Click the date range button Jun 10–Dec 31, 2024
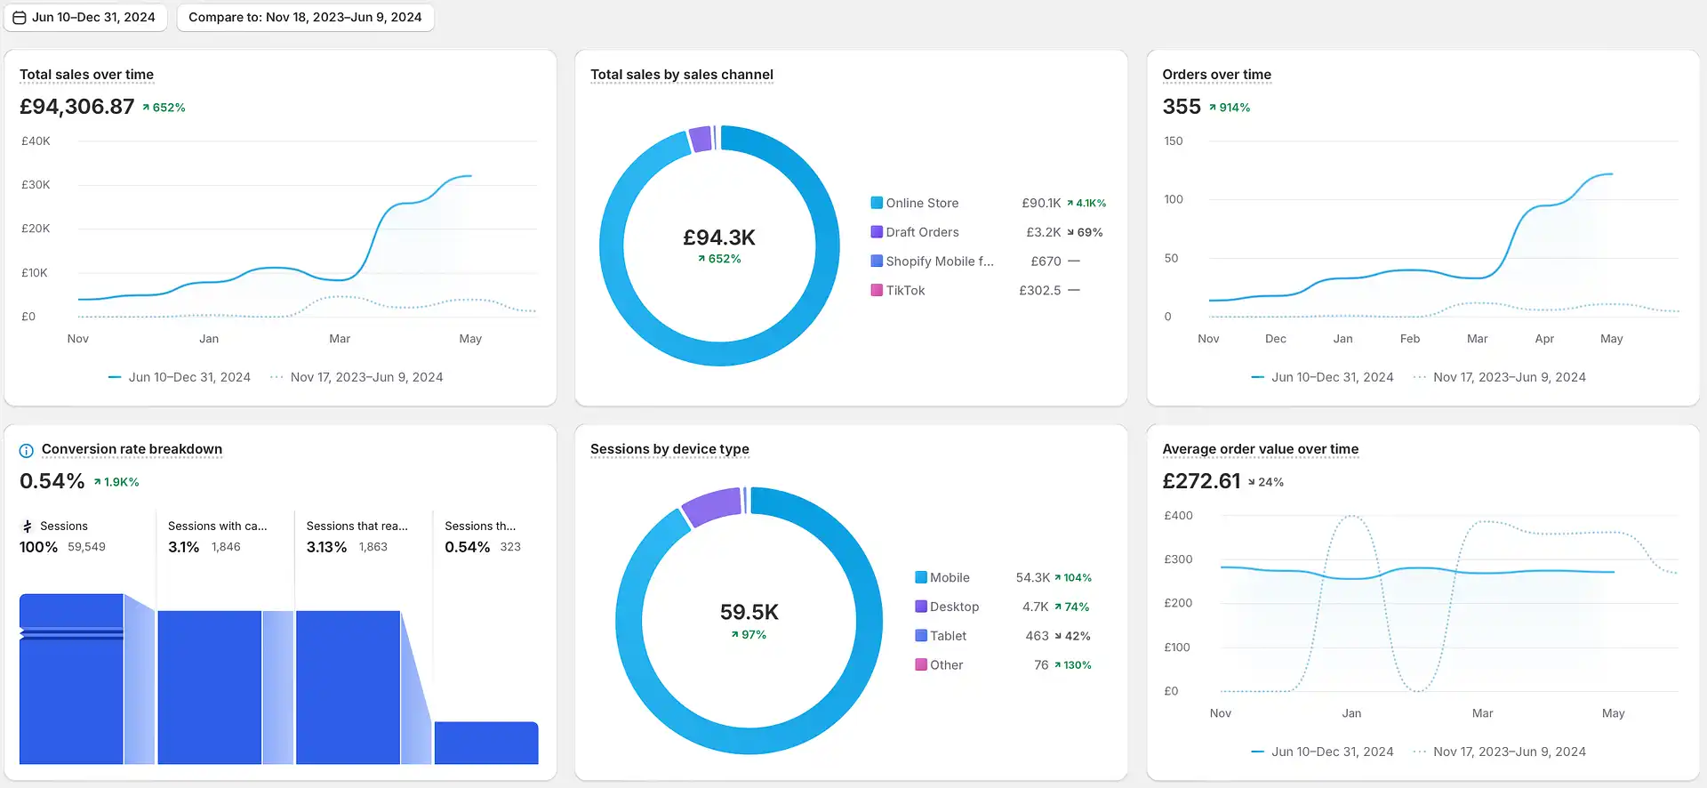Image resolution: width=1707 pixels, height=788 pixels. (85, 17)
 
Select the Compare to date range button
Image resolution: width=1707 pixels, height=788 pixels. (305, 17)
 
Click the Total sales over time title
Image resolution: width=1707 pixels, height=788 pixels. (86, 75)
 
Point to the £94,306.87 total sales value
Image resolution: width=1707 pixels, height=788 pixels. (76, 107)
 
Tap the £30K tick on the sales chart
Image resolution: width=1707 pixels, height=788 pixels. (36, 185)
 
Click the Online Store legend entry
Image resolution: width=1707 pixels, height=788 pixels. (914, 203)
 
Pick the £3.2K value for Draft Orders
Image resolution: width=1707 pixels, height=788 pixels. (1044, 232)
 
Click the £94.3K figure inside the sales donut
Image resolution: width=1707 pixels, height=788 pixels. (719, 237)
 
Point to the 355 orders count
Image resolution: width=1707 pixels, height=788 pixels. (1182, 107)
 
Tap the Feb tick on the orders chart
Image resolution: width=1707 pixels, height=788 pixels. (1410, 339)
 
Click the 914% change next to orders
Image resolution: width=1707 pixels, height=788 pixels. (1230, 108)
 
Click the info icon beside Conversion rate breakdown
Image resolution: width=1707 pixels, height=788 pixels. (27, 450)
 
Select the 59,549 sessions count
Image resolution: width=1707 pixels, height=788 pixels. (86, 547)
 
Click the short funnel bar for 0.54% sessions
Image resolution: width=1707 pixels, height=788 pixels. (486, 743)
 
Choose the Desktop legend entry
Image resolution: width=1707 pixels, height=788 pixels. (947, 607)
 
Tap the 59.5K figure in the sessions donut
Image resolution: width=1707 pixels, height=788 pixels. (749, 612)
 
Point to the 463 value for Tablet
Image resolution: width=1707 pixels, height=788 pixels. (1037, 636)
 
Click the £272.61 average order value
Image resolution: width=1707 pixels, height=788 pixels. (1201, 481)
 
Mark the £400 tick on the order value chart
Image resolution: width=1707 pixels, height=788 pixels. (1178, 516)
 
